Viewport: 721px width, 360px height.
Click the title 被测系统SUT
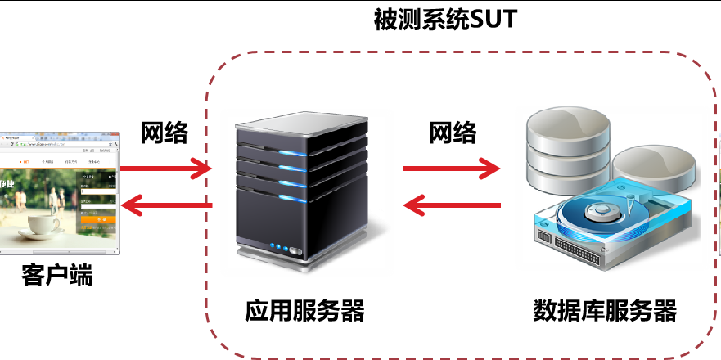pyautogui.click(x=446, y=20)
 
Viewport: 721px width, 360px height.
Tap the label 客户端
pyautogui.click(x=57, y=276)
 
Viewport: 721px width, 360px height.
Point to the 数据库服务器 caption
pyautogui.click(x=605, y=312)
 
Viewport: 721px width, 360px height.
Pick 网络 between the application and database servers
pyautogui.click(x=453, y=132)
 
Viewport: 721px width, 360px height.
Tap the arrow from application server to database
pyautogui.click(x=451, y=170)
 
